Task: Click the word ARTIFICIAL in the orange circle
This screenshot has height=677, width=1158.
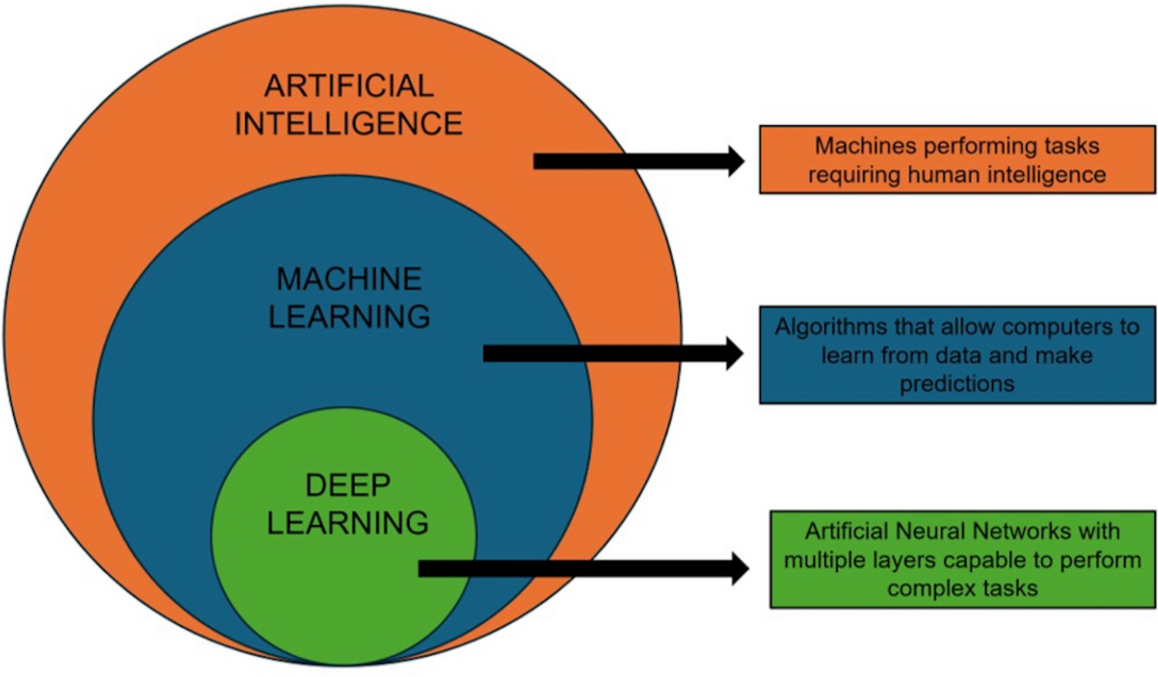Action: coord(348,86)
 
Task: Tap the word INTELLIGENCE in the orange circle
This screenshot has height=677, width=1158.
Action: coord(348,123)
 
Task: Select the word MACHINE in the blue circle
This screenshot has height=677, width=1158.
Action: coord(348,279)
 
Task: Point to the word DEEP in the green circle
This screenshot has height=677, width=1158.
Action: coord(348,486)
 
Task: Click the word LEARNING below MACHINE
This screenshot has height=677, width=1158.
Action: coord(348,317)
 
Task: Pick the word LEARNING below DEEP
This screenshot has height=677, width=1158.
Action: coord(348,523)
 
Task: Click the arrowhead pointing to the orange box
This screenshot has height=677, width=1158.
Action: coord(735,160)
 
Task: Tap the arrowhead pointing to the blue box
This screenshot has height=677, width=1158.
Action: coord(733,353)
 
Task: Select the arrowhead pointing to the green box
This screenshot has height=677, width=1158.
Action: coord(738,568)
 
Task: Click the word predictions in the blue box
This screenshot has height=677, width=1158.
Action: coord(957,384)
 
